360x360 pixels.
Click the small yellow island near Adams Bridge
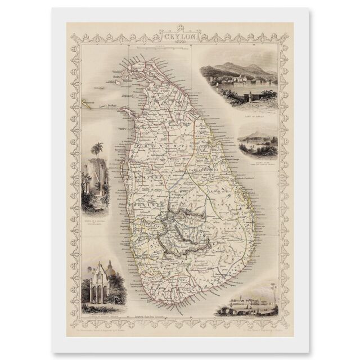[86, 102]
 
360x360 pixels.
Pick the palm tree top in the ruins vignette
[98, 149]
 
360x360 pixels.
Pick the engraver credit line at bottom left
[107, 327]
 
